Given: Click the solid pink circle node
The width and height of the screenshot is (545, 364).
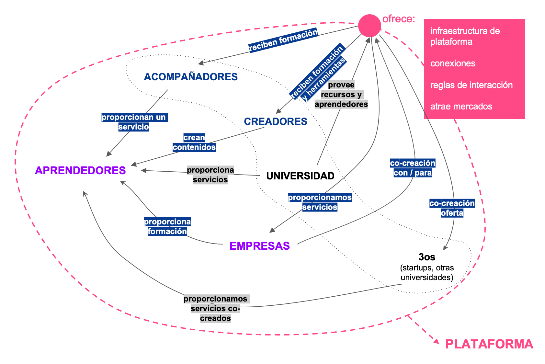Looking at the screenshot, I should pos(369,26).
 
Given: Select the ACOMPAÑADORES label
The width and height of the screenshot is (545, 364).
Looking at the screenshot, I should pos(191,77).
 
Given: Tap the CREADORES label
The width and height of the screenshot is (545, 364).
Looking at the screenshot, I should pos(275,121).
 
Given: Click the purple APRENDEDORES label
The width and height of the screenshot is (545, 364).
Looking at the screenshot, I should pos(80,170).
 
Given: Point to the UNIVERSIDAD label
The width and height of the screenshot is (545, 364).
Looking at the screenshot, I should pos(300,176).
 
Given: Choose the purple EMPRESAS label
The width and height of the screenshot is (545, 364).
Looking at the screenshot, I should pos(259,246).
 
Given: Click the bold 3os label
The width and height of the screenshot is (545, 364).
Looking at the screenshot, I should pos(427,257).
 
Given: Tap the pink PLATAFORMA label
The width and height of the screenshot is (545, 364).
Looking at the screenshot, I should pos(489,344).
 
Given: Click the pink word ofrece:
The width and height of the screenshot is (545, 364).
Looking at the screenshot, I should pos(399,19).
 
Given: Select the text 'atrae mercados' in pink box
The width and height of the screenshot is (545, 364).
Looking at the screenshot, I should pos(461,107).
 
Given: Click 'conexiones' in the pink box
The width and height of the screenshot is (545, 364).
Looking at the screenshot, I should pos(453,63).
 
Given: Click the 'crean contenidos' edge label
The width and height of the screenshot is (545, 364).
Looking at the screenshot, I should pos(194,142).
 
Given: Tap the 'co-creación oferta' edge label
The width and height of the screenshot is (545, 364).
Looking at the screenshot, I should pos(452,208).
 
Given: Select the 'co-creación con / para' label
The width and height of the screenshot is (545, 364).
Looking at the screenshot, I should pos(413,168).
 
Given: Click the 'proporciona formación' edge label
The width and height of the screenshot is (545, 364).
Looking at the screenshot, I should pos(167,226).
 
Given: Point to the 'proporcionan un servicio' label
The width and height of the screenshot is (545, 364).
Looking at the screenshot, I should pos(134,122).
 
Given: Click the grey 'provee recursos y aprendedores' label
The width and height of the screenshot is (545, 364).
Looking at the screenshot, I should pos(341,95).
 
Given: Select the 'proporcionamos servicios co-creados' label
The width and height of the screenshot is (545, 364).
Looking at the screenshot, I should pos(215,308).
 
